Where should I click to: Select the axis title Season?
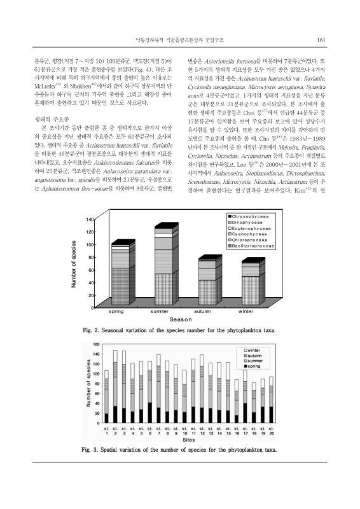point(180,319)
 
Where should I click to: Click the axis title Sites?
point(188,439)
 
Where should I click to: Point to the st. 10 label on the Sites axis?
point(184,431)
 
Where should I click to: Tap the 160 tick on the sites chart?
point(97,344)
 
